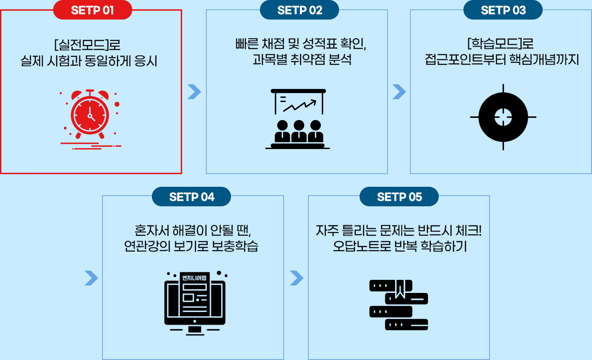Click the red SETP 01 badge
[92, 10]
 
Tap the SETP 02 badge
[299, 10]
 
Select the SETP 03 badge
[503, 10]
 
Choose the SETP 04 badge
[191, 197]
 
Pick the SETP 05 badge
[399, 197]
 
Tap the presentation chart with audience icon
[298, 119]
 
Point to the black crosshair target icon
[503, 117]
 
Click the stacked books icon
[399, 305]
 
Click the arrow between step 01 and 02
[194, 92]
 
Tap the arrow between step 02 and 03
[399, 92]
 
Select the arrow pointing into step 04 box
[91, 278]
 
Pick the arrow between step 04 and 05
[296, 278]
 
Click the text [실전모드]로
[88, 46]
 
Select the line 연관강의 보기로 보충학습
[191, 246]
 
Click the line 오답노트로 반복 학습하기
[400, 246]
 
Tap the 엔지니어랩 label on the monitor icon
[195, 278]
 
